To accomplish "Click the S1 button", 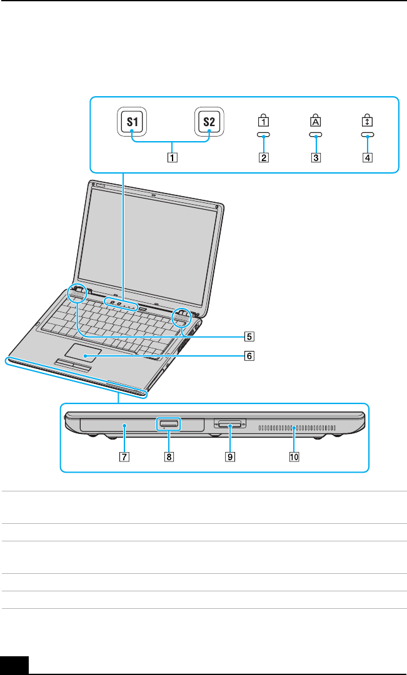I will pyautogui.click(x=131, y=122).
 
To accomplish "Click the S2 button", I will pyautogui.click(x=209, y=122).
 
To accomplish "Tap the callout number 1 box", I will pyautogui.click(x=171, y=157).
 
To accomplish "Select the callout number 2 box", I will pyautogui.click(x=264, y=157).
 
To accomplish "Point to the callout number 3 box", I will pyautogui.click(x=316, y=157).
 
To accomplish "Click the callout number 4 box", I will pyautogui.click(x=368, y=157).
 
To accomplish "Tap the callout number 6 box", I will pyautogui.click(x=249, y=357).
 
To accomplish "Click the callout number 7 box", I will pyautogui.click(x=125, y=456).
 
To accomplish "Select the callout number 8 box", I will pyautogui.click(x=168, y=456).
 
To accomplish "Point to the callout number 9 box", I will pyautogui.click(x=231, y=456).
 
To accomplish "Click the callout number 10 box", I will pyautogui.click(x=294, y=456).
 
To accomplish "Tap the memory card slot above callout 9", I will pyautogui.click(x=231, y=425).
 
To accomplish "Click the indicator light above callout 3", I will pyautogui.click(x=316, y=134).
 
